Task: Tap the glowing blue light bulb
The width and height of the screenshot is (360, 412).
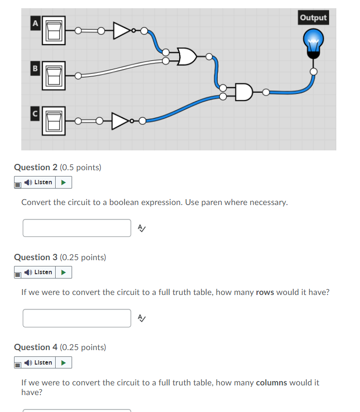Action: [313, 40]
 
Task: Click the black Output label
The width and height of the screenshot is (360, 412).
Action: [313, 18]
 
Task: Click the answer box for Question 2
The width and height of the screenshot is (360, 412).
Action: [77, 228]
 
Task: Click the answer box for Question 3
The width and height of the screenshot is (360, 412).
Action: [77, 318]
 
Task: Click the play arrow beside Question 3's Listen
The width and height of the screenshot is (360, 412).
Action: [63, 272]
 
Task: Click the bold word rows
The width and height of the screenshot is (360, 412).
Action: [265, 292]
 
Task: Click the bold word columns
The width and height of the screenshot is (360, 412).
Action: [271, 383]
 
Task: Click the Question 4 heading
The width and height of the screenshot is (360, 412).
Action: [60, 347]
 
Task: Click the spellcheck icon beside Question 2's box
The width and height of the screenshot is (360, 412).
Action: [141, 228]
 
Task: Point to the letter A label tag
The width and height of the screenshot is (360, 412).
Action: [34, 22]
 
